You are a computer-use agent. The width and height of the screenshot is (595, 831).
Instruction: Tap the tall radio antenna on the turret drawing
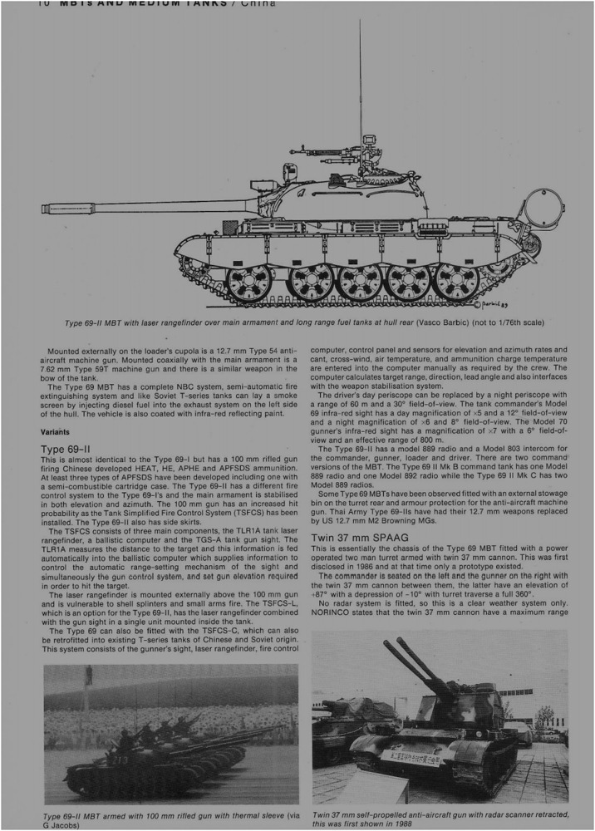[x=360, y=83]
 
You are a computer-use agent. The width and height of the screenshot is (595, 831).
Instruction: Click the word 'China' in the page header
[x=258, y=3]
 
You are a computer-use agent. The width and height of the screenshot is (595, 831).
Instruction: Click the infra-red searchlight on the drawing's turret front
[x=290, y=172]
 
